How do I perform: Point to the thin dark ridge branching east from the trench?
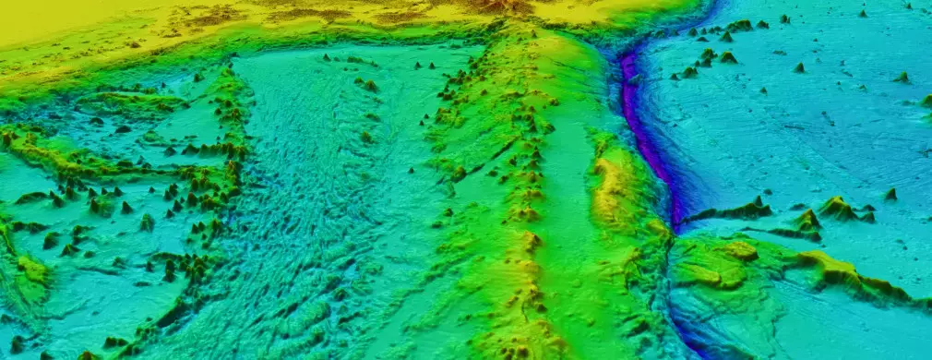729,213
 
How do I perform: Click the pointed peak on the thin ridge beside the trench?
759,199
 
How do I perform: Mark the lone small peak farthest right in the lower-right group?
891,194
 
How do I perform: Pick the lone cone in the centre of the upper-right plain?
798,67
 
